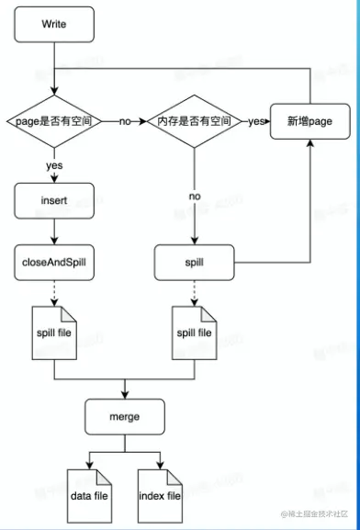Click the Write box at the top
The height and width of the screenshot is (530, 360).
[54, 24]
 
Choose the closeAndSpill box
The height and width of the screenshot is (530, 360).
[54, 262]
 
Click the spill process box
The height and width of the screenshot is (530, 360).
[194, 262]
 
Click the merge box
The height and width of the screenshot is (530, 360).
[124, 416]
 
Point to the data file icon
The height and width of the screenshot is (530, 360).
[89, 496]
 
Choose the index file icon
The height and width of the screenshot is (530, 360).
[159, 496]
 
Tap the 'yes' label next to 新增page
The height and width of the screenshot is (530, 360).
[256, 121]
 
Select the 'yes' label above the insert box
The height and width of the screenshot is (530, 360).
[54, 166]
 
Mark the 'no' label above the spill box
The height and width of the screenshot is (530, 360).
[194, 196]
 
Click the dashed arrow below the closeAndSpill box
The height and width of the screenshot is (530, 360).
[54, 292]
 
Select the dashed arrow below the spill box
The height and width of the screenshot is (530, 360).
[194, 292]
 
